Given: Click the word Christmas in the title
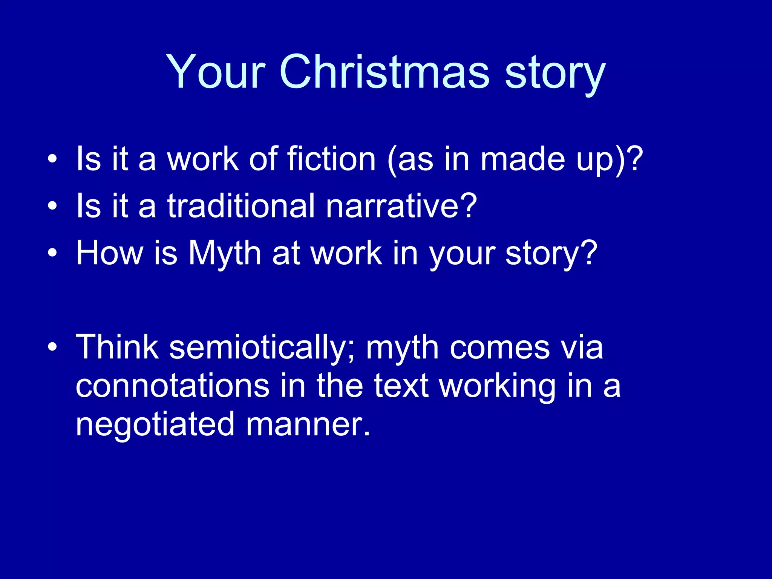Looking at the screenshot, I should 384,72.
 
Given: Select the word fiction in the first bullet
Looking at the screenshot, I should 331,159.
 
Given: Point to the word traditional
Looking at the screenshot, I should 241,206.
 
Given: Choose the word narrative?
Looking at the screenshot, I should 401,206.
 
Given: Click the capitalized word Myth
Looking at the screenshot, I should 225,253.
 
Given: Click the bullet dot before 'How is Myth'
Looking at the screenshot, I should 52,253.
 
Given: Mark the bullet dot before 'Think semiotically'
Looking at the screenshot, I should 52,347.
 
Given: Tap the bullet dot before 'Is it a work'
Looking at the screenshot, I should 52,159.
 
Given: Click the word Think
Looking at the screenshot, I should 117,348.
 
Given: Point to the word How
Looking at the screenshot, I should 109,253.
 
